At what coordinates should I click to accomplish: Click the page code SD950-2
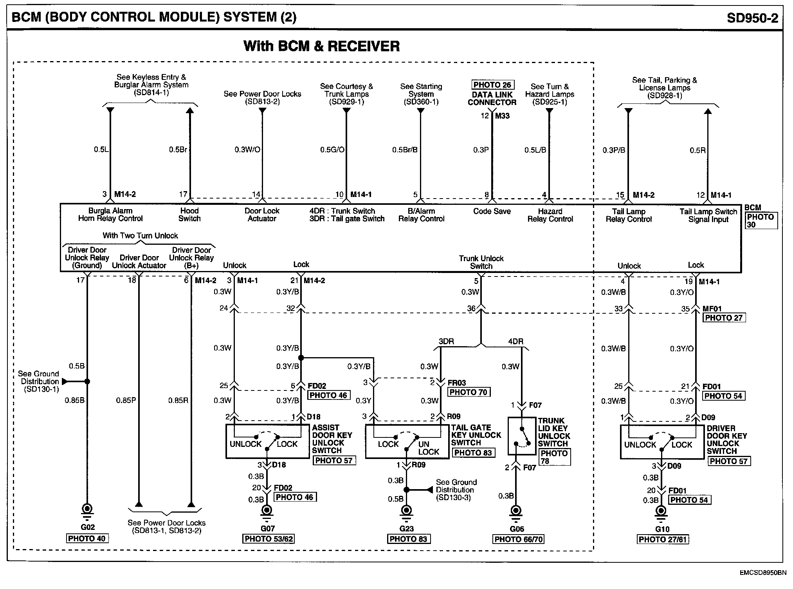coord(752,18)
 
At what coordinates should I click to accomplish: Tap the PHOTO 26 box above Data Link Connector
coord(492,85)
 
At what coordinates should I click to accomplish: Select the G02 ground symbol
coord(87,510)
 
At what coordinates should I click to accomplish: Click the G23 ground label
coord(407,529)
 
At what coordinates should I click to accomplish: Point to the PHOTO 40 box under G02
coord(87,538)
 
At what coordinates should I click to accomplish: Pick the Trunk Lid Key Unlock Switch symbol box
coord(522,435)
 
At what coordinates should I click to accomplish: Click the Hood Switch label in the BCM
coord(189,215)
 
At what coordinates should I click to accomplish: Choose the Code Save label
coord(492,211)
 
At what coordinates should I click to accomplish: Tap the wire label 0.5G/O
coord(332,150)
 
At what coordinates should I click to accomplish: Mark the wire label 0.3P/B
coord(614,150)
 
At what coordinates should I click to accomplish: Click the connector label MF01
coord(712,309)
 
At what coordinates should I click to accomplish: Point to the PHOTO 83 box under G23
coord(408,539)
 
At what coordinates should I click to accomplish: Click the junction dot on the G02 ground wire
coord(87,381)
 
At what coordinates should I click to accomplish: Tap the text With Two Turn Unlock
coord(140,236)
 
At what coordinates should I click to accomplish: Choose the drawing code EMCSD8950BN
coord(762,573)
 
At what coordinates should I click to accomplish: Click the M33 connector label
coord(502,116)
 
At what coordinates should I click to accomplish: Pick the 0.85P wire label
coord(126,401)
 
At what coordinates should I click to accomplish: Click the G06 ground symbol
coord(516,511)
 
